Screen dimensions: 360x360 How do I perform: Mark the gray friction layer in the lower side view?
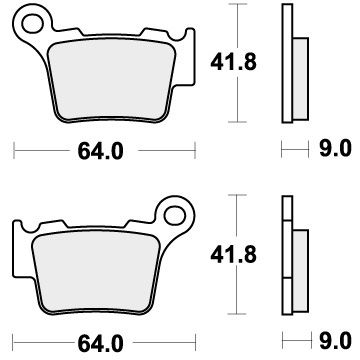pyautogui.click(x=297, y=265)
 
